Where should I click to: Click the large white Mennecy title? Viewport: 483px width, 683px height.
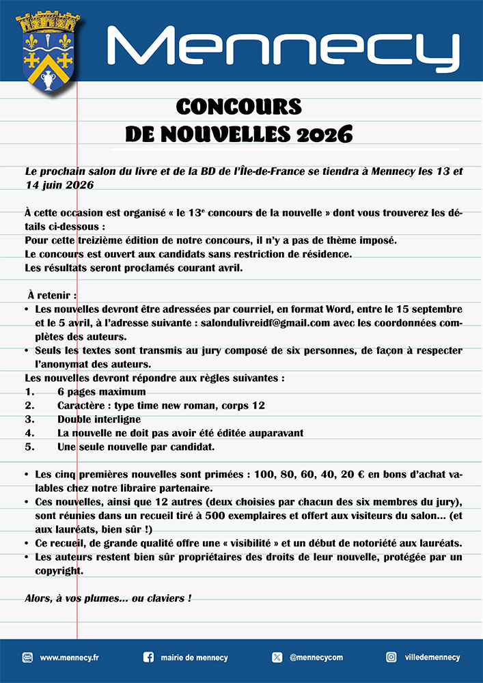(x=284, y=49)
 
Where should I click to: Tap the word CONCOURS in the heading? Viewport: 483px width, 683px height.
(x=238, y=107)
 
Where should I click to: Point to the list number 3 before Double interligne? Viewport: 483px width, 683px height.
(x=29, y=419)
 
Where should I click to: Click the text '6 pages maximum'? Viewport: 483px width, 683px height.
(x=102, y=392)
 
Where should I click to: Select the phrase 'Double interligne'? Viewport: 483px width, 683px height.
(x=99, y=419)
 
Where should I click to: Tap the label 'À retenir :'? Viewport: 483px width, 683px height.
(x=53, y=295)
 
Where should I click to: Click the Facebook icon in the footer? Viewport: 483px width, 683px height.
(x=148, y=657)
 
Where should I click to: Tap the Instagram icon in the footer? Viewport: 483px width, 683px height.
(x=391, y=657)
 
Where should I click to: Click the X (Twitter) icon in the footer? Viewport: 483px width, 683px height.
(x=277, y=657)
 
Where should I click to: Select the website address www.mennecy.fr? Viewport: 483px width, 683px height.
(x=70, y=658)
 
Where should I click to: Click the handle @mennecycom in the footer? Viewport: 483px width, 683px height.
(x=316, y=658)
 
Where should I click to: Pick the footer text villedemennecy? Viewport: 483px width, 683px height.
(x=432, y=658)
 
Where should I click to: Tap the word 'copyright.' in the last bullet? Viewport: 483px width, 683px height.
(x=59, y=571)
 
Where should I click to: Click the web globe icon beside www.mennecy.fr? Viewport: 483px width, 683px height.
(x=28, y=657)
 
